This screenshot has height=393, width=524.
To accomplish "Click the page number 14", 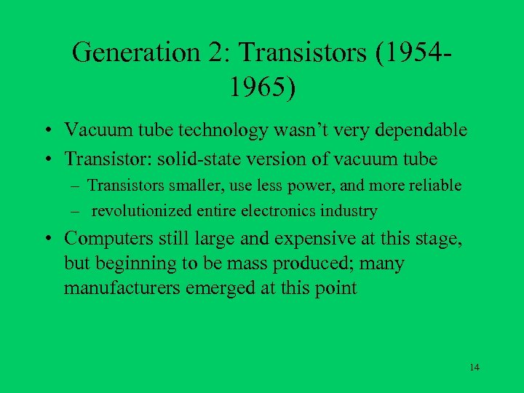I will (475, 367).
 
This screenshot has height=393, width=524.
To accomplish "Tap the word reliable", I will (435, 186).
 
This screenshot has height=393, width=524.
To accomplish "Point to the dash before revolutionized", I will (76, 212).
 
